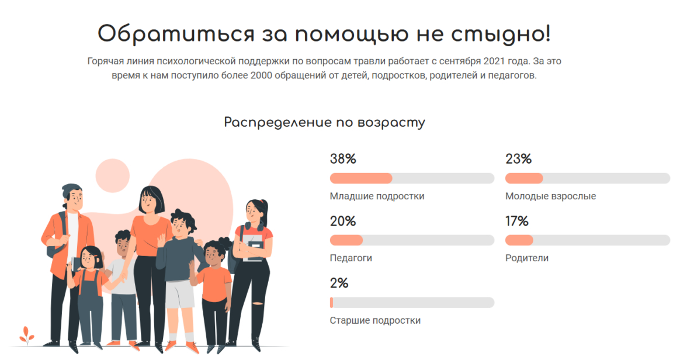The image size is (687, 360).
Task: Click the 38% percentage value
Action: pyautogui.click(x=343, y=159)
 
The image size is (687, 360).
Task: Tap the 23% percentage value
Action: pyautogui.click(x=518, y=159)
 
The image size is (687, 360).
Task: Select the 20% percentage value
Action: pyautogui.click(x=343, y=221)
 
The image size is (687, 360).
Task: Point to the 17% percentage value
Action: pyautogui.click(x=517, y=221)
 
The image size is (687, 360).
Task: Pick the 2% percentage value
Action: pyautogui.click(x=339, y=283)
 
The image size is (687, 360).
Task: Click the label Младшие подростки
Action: pyautogui.click(x=377, y=196)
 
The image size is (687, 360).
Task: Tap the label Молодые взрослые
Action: pyautogui.click(x=550, y=196)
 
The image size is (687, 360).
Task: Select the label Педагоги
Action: pyautogui.click(x=351, y=258)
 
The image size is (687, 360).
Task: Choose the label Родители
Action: pyautogui.click(x=526, y=258)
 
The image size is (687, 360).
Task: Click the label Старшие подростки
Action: pyautogui.click(x=375, y=320)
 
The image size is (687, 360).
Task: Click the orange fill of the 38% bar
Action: pyautogui.click(x=360, y=178)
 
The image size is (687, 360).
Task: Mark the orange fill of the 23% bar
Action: pyautogui.click(x=523, y=178)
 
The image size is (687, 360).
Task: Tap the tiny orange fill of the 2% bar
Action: pyautogui.click(x=331, y=302)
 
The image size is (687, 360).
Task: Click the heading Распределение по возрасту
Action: pyautogui.click(x=324, y=123)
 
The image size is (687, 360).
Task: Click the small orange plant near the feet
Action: pyautogui.click(x=26, y=334)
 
